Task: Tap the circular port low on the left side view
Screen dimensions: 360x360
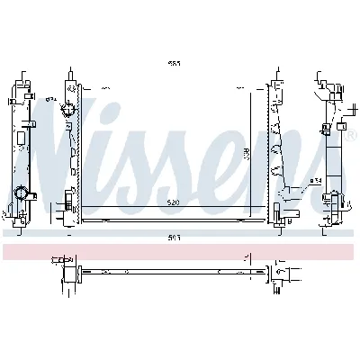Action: coord(21,192)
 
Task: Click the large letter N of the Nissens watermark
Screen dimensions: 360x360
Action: coord(65,144)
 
